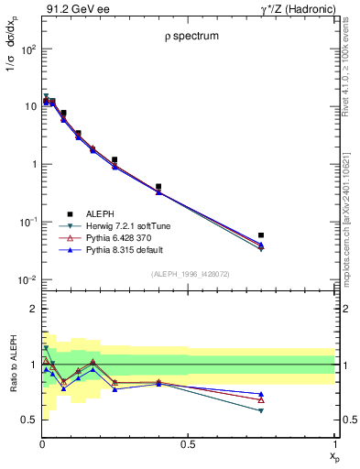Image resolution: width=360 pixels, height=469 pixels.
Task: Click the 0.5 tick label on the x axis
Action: click(x=188, y=444)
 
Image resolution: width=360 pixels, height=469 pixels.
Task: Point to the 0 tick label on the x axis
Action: click(x=42, y=444)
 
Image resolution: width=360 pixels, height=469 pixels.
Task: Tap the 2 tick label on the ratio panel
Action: click(x=31, y=309)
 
